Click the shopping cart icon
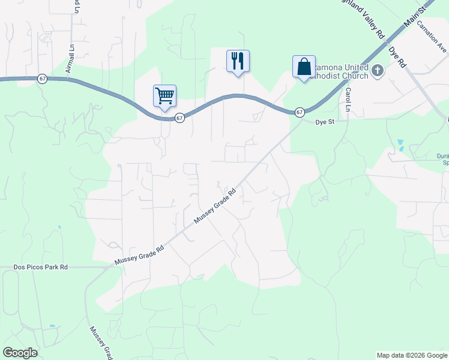(164, 96)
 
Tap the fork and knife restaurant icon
(238, 61)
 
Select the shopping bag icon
(304, 67)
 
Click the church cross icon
(378, 71)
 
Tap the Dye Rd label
(397, 56)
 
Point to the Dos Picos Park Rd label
(41, 267)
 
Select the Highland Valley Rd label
(367, 18)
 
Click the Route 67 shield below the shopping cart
(179, 119)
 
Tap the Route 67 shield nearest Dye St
(300, 112)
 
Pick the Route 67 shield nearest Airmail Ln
(42, 79)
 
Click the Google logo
(20, 353)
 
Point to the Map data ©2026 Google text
(411, 355)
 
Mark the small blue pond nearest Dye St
(400, 145)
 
